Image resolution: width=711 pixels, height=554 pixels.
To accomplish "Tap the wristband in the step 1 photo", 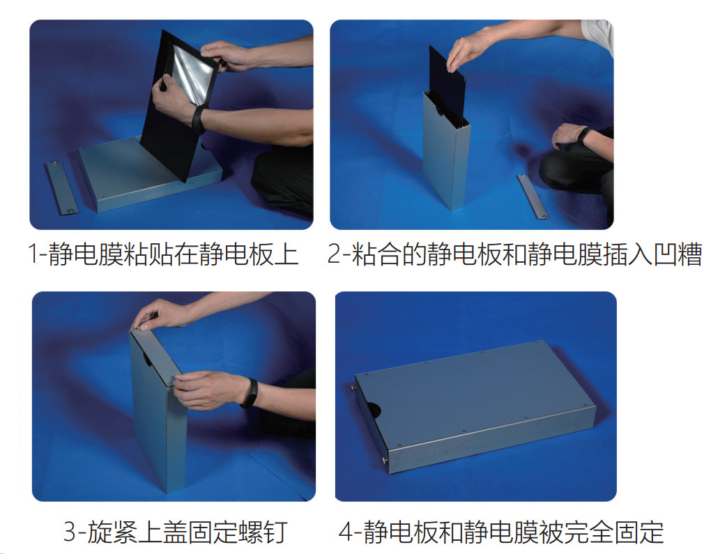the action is (x=198, y=118).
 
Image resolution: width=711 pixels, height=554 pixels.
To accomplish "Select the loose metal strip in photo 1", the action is (x=61, y=187).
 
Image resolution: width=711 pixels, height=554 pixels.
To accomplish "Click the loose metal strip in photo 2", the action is (x=533, y=197).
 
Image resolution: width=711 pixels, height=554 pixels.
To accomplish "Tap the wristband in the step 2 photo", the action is (x=584, y=135).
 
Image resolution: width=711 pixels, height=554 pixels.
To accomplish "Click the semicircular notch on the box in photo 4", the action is (x=373, y=410).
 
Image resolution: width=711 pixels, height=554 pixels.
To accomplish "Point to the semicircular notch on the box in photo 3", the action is (x=147, y=359).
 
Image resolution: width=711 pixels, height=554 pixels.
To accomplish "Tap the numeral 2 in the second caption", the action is (x=334, y=254).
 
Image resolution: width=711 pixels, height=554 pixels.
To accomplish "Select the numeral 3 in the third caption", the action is (x=70, y=531).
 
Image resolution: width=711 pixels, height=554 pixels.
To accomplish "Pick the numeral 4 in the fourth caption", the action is (x=346, y=532).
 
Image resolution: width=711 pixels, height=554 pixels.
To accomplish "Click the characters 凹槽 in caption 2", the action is (x=678, y=254).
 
